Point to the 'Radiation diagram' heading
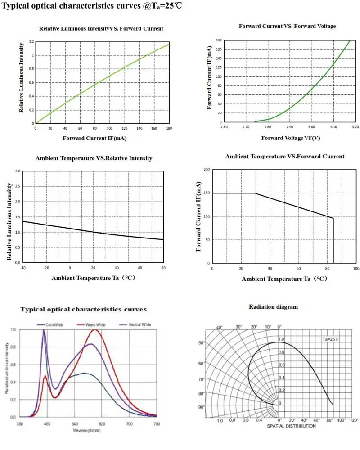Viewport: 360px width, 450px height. tap(273, 307)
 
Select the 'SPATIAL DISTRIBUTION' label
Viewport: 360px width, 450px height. tap(292, 426)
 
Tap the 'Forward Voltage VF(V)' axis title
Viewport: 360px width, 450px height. tap(291, 138)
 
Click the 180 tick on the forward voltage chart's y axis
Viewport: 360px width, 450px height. tap(218, 40)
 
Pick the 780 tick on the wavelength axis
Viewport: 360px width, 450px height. tap(157, 424)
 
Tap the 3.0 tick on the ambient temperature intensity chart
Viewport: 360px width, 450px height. tap(18, 171)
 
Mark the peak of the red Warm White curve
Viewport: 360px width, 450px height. tap(95, 330)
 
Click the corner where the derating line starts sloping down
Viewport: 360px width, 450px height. tap(255, 193)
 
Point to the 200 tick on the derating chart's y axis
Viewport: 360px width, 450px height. tap(207, 170)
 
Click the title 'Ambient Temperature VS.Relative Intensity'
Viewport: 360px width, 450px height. tap(94, 158)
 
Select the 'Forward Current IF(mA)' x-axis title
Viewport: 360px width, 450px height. tap(94, 138)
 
